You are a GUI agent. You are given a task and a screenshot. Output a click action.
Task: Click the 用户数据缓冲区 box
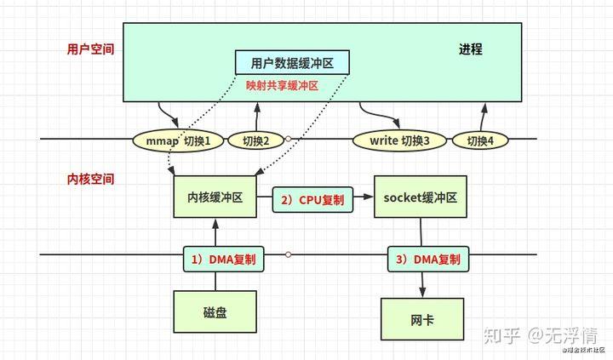tap(292, 64)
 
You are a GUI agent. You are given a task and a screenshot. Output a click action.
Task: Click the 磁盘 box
tap(215, 312)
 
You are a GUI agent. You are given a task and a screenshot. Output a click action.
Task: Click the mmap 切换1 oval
tap(177, 140)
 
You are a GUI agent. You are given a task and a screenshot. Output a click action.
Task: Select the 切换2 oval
tap(255, 140)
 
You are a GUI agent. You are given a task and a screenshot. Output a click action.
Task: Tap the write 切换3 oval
tap(399, 140)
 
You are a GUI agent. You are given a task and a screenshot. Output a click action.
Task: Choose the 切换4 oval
tap(479, 140)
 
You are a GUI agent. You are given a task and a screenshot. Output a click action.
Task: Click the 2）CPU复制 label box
tap(312, 200)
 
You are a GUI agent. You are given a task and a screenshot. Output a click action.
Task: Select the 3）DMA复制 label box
tap(429, 259)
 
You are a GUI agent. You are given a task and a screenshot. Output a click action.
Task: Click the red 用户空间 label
tap(90, 49)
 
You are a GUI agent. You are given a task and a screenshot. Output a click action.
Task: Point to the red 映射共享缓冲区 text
tap(281, 86)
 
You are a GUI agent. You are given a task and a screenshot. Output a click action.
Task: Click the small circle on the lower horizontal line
tap(289, 254)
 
